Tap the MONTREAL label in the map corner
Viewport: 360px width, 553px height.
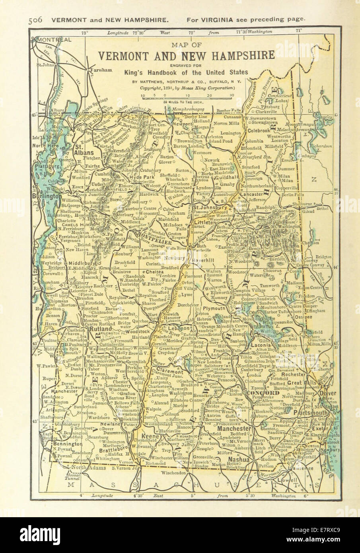pyautogui.click(x=53, y=40)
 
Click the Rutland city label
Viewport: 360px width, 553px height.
pyautogui.click(x=101, y=329)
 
